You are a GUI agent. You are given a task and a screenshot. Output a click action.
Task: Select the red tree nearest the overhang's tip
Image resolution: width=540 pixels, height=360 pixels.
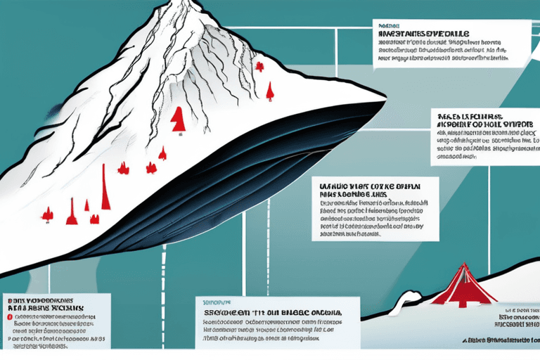pyautogui.click(x=269, y=91)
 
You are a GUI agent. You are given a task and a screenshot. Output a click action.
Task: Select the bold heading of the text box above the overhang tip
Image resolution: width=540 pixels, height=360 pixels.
pyautogui.click(x=421, y=33)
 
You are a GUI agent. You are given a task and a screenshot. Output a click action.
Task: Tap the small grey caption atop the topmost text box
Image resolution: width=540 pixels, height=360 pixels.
pyautogui.click(x=388, y=23)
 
